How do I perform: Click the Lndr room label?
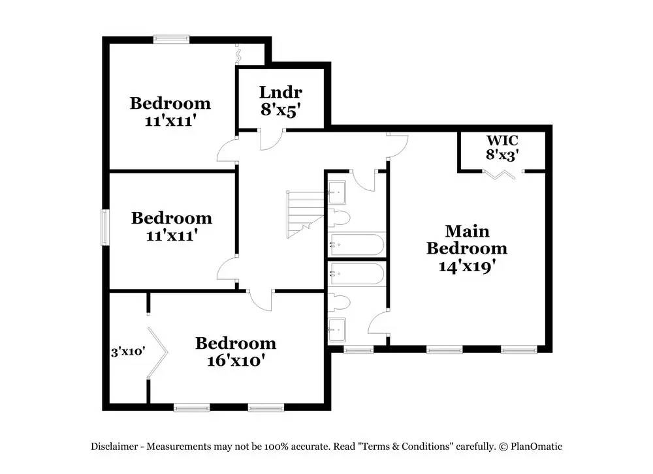click(x=280, y=93)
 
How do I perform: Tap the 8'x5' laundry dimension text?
click(x=280, y=110)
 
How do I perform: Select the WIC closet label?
click(x=502, y=141)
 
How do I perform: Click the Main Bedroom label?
click(x=466, y=240)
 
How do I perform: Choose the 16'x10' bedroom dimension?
click(x=235, y=360)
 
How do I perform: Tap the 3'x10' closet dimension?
click(x=127, y=351)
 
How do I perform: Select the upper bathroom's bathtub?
click(x=357, y=244)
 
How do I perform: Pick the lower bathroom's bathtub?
click(x=357, y=274)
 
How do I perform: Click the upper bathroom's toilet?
click(x=339, y=217)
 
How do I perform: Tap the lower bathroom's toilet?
click(x=339, y=302)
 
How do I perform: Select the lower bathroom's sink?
click(x=338, y=329)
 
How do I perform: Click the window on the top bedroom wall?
click(x=171, y=39)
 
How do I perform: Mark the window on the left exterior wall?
click(x=104, y=227)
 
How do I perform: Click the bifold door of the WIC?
click(x=502, y=174)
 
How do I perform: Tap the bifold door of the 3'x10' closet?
click(x=158, y=352)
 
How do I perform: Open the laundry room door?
click(x=271, y=139)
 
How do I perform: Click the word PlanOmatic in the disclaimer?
click(x=537, y=447)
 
